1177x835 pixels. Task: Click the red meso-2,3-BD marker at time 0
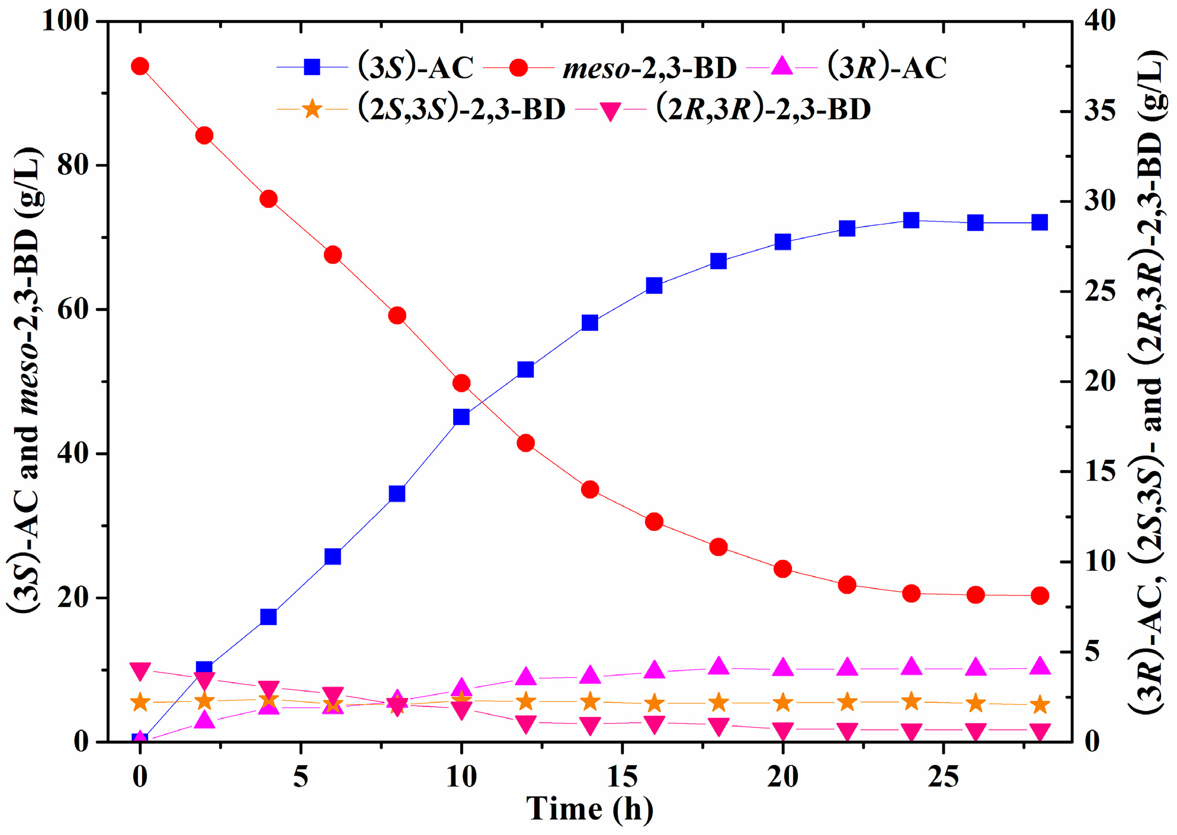click(x=140, y=66)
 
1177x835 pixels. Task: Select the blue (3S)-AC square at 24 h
click(x=911, y=220)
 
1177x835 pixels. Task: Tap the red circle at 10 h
click(x=461, y=383)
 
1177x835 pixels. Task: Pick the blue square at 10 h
click(x=461, y=417)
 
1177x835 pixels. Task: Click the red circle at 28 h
click(x=1040, y=596)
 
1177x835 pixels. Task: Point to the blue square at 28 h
click(x=1040, y=222)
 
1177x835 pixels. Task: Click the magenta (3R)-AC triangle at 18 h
click(x=719, y=666)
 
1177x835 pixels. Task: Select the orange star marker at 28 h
click(x=1040, y=705)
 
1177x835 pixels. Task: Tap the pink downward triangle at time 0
click(x=140, y=671)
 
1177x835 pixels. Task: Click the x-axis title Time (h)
click(x=589, y=808)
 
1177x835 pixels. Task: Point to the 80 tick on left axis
click(x=73, y=165)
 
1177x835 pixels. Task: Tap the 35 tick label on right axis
click(x=1100, y=111)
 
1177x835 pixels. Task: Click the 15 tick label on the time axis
click(x=622, y=776)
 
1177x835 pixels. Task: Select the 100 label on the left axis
click(x=65, y=21)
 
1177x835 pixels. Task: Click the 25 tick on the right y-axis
click(x=1100, y=292)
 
